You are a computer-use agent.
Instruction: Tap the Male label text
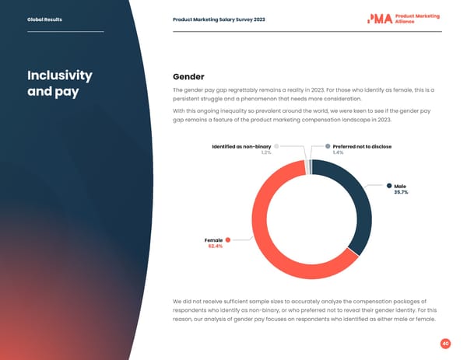(x=400, y=186)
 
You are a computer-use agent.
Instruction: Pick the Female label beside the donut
(x=214, y=239)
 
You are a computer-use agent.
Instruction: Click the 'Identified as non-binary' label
(x=241, y=146)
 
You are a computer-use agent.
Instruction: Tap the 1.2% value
(x=265, y=152)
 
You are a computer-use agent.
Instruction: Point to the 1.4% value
(x=338, y=152)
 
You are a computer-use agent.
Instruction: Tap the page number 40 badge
(x=445, y=343)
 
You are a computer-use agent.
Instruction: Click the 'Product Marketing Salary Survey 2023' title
(x=219, y=19)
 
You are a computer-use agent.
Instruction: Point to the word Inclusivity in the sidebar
(x=60, y=76)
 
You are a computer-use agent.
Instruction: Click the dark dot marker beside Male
(x=388, y=185)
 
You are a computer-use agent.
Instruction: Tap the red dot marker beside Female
(x=228, y=239)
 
